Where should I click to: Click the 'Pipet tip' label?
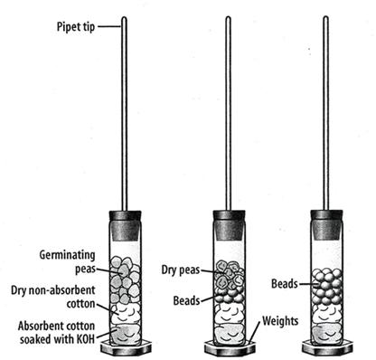point(76,27)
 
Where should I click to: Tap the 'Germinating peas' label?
point(68,261)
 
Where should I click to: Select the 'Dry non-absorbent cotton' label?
point(53,297)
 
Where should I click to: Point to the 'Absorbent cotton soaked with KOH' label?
point(57,332)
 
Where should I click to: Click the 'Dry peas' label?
point(181,270)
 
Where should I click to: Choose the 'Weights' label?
point(280,321)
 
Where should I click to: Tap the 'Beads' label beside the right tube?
point(285,284)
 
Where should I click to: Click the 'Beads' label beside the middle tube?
point(186,300)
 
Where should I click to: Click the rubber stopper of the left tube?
point(125,225)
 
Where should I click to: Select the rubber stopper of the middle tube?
point(230,225)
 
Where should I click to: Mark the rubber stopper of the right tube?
point(326,225)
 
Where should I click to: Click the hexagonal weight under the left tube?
point(126,347)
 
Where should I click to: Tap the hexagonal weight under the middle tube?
point(230,348)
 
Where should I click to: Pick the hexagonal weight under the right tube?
point(327,347)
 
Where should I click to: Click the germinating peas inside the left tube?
point(125,279)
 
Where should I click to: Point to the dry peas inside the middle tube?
point(230,274)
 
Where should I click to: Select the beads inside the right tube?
point(327,287)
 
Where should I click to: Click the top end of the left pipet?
point(124,17)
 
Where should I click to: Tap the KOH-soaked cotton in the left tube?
point(126,334)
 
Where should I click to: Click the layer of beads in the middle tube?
point(230,296)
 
